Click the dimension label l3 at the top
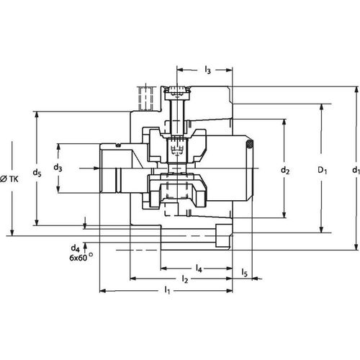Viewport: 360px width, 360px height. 207,70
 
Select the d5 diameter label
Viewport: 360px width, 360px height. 37,173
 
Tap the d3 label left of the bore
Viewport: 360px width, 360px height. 58,168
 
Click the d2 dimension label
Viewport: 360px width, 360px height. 285,171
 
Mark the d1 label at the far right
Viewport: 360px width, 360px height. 354,171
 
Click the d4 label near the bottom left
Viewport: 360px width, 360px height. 76,248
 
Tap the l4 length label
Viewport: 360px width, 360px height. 199,268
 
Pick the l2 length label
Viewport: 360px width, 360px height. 184,279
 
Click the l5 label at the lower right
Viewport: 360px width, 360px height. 245,273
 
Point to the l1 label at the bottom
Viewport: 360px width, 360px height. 167,290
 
